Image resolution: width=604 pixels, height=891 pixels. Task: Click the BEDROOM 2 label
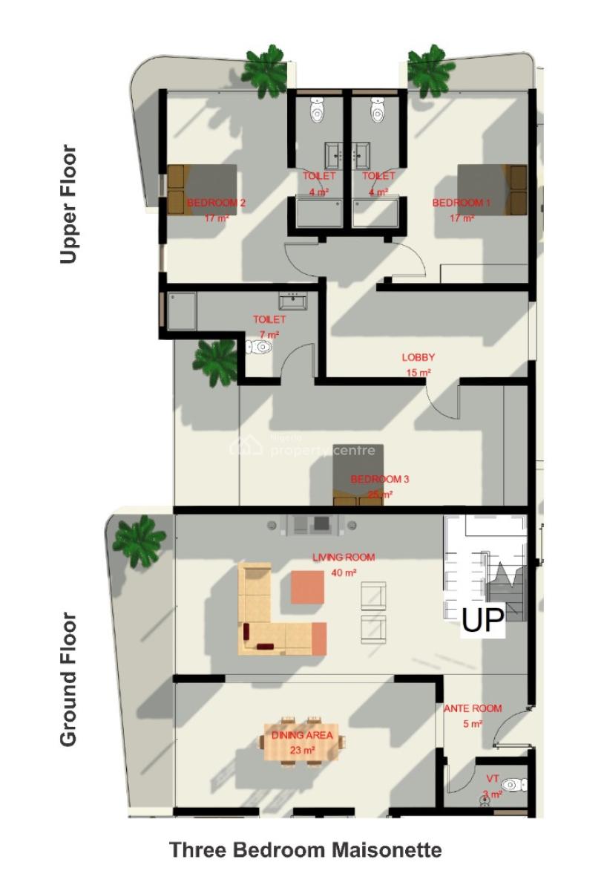pos(216,203)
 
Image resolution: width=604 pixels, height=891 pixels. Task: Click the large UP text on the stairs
pos(483,621)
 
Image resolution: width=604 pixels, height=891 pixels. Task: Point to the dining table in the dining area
pos(301,741)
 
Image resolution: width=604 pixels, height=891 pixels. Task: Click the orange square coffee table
pos(307,587)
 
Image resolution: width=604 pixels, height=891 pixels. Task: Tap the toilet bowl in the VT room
pos(512,785)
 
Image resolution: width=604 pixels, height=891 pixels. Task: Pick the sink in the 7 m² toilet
pos(293,301)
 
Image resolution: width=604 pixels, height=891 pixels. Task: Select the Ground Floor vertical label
pos(68,679)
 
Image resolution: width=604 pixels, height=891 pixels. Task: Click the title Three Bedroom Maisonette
pos(306,849)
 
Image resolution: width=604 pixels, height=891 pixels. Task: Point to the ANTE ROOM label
pos(473,708)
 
